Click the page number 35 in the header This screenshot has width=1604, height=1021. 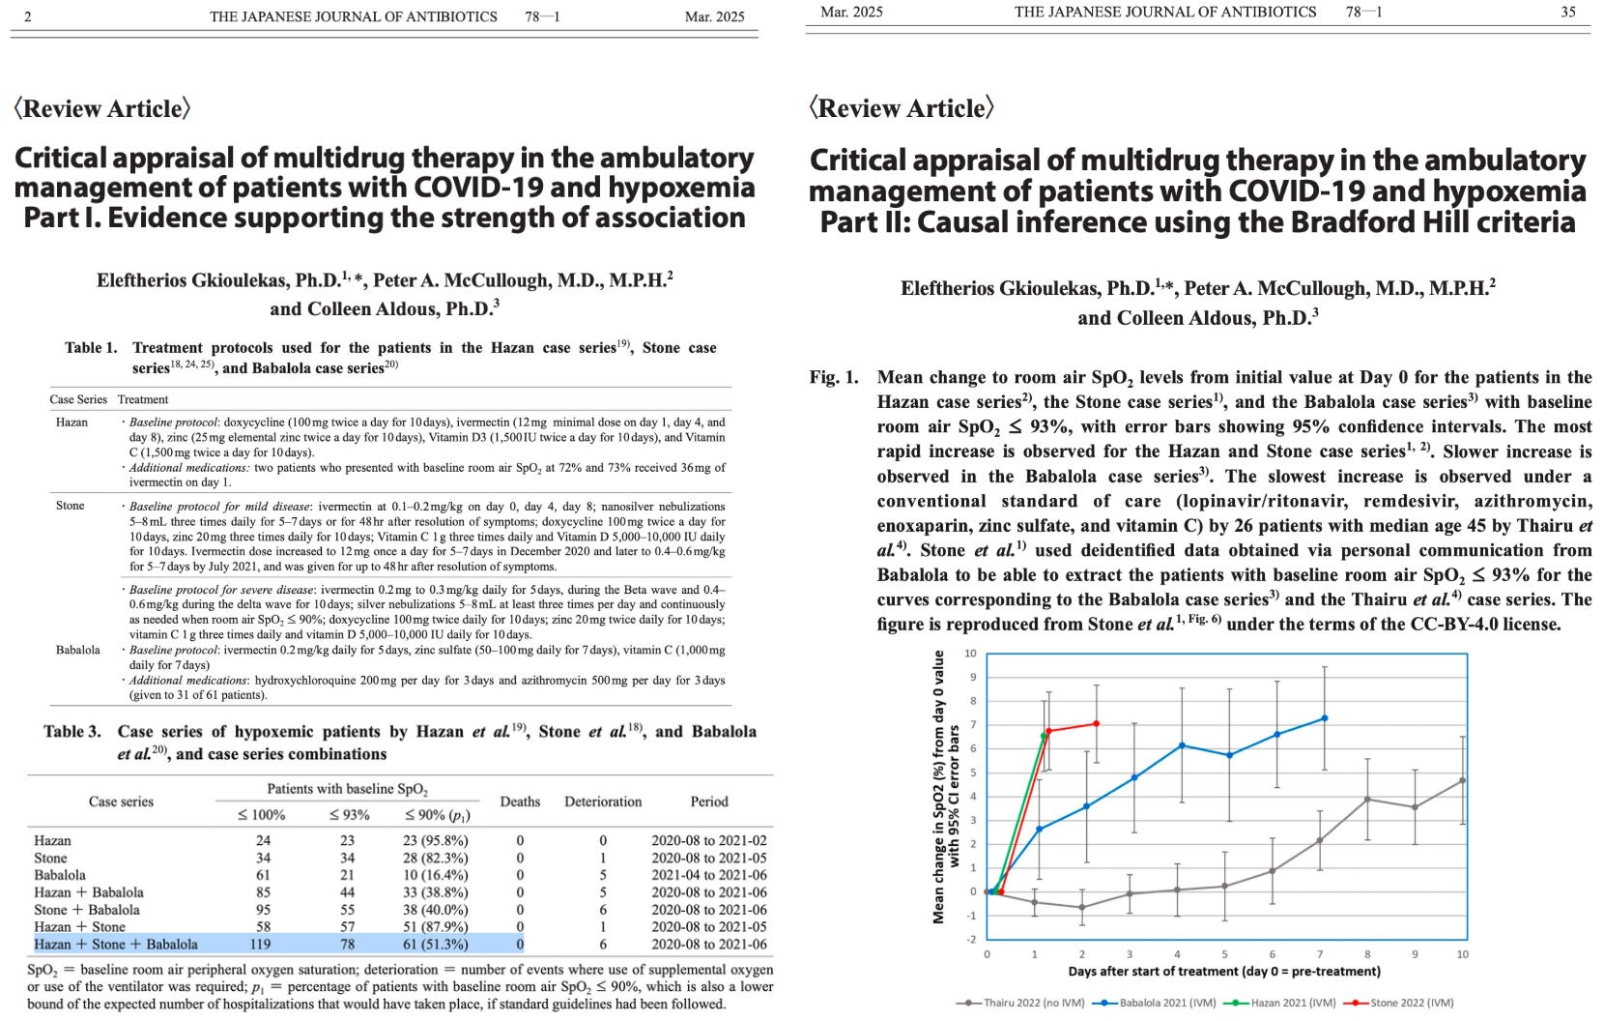point(1567,12)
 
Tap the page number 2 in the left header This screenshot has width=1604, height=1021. point(28,16)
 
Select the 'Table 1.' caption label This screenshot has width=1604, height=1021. point(91,348)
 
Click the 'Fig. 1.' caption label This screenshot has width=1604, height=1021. point(833,377)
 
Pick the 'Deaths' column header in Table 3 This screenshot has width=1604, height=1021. point(520,802)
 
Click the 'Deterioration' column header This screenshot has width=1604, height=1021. point(603,802)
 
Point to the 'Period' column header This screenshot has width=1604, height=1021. point(709,802)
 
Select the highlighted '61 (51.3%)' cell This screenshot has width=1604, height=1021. point(435,945)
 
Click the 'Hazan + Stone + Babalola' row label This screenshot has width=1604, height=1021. point(116,945)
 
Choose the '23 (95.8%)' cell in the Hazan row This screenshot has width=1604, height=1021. point(435,841)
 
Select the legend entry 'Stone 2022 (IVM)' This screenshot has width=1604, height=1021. point(1411,1003)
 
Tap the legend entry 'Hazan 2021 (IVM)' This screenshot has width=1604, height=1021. point(1286,1003)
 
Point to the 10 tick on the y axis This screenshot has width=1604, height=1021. point(971,654)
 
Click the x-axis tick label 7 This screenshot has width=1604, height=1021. point(1320,954)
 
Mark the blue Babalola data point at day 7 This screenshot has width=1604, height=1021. point(1324,718)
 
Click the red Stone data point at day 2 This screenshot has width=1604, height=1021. point(1096,723)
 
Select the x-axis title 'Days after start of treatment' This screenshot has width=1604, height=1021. point(1224,971)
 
